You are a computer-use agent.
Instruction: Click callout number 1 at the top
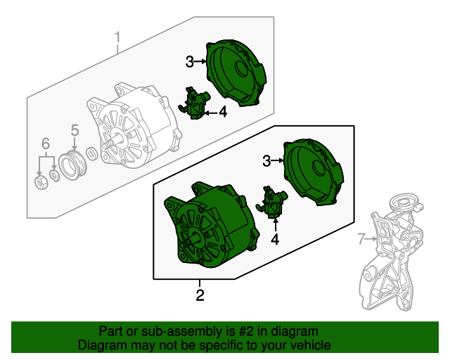click(x=118, y=36)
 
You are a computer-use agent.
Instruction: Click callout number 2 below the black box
click(x=200, y=295)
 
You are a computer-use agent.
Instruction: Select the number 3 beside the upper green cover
click(x=190, y=62)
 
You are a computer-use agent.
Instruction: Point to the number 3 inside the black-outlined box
click(x=266, y=162)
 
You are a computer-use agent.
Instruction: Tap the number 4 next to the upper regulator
click(x=222, y=111)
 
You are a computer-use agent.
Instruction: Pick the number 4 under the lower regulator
click(x=275, y=240)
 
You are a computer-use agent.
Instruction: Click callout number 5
click(x=75, y=129)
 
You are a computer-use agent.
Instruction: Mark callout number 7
click(x=361, y=240)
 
